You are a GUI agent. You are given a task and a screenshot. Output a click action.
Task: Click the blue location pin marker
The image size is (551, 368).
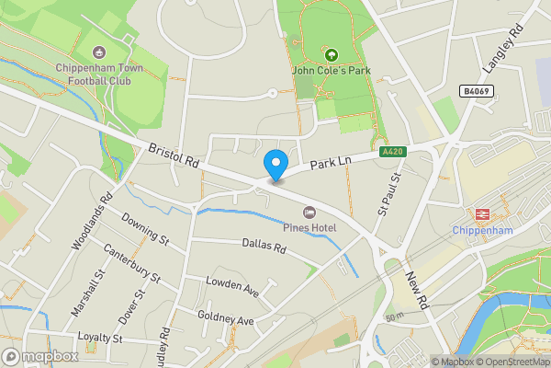coord(275,164)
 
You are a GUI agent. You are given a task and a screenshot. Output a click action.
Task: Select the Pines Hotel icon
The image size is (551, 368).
coord(309,213)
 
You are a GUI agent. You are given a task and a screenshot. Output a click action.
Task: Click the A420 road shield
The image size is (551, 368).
coord(390,150)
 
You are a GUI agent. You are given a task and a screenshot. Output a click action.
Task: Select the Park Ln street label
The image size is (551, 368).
coord(332,164)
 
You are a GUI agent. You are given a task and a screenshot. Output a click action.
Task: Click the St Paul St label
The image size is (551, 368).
coord(389,194)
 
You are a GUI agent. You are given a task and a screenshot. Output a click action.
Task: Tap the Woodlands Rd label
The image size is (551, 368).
coord(91,222)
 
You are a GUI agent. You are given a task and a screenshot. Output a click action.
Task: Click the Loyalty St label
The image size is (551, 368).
coord(100,339)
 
